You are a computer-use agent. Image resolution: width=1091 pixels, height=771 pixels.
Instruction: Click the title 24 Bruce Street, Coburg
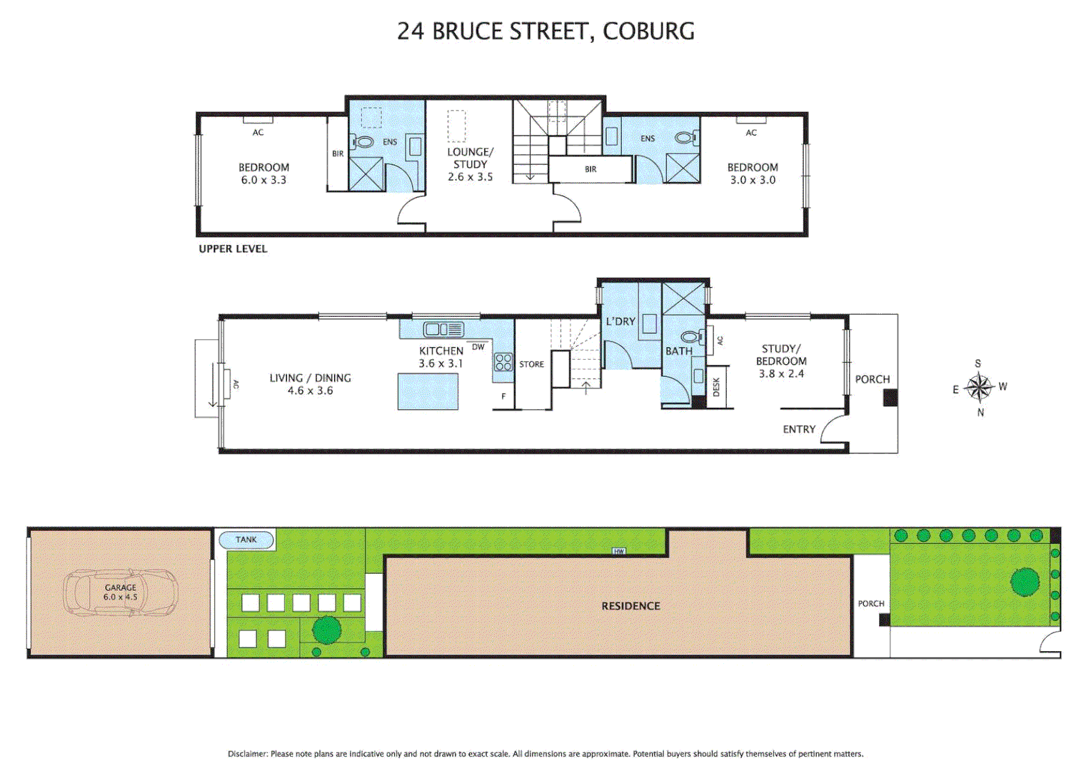pyautogui.click(x=545, y=31)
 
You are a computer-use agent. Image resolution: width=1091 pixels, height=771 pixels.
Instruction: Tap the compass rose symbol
pyautogui.click(x=979, y=388)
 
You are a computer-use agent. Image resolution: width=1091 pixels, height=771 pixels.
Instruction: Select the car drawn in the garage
pyautogui.click(x=120, y=593)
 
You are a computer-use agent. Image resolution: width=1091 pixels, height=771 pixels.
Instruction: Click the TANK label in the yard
pyautogui.click(x=246, y=540)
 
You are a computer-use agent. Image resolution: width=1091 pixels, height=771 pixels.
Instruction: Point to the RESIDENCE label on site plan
pyautogui.click(x=630, y=606)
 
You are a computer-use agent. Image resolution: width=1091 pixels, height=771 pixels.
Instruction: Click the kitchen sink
pyautogui.click(x=443, y=329)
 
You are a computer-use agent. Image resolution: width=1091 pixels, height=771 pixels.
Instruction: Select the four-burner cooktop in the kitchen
pyautogui.click(x=503, y=362)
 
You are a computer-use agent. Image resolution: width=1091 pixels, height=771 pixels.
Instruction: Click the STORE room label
pyautogui.click(x=531, y=364)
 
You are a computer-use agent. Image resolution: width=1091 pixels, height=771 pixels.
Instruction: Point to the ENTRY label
pyautogui.click(x=798, y=429)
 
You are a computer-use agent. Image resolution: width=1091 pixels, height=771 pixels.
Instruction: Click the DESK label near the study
pyautogui.click(x=717, y=387)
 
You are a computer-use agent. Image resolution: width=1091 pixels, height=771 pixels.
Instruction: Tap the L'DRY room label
pyautogui.click(x=620, y=321)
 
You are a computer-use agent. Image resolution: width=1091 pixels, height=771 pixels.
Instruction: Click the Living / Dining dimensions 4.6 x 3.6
pyautogui.click(x=310, y=390)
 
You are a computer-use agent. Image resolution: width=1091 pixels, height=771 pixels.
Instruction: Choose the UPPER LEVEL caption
pyautogui.click(x=233, y=248)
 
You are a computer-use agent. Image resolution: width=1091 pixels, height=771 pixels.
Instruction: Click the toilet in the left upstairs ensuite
pyautogui.click(x=363, y=142)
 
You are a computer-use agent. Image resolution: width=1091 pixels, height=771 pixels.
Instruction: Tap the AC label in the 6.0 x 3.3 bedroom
pyautogui.click(x=258, y=132)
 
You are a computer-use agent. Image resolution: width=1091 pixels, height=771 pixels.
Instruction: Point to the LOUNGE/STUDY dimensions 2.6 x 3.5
pyautogui.click(x=470, y=177)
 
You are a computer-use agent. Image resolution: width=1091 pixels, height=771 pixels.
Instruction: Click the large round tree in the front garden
pyautogui.click(x=1025, y=582)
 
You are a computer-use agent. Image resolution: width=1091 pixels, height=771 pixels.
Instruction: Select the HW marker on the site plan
pyautogui.click(x=618, y=551)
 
